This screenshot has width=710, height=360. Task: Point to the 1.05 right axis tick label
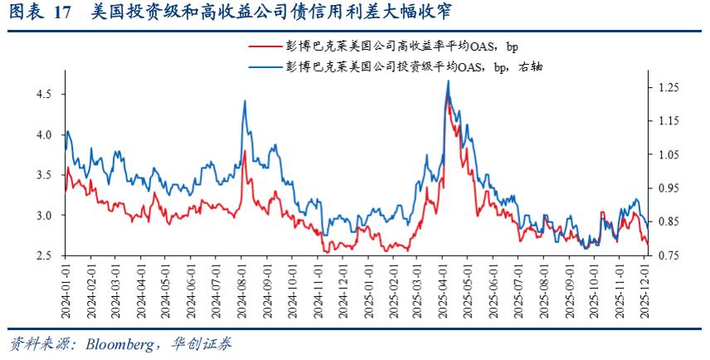(669, 155)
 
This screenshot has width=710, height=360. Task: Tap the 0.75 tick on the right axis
(669, 255)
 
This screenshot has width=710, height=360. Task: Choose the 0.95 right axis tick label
(669, 188)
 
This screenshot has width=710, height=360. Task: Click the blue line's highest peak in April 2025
(448, 81)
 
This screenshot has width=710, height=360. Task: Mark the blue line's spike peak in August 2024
(245, 101)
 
